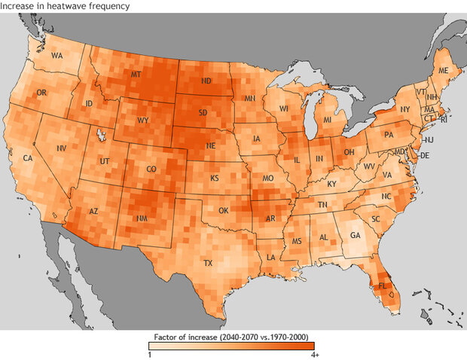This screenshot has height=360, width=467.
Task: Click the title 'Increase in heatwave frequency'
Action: click(65, 6)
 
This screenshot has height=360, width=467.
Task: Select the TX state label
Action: click(208, 264)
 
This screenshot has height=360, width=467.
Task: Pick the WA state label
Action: click(56, 56)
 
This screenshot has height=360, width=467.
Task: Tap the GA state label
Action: click(356, 233)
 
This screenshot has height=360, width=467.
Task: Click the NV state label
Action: click(62, 148)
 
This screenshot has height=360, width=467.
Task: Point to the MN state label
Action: click(250, 99)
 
